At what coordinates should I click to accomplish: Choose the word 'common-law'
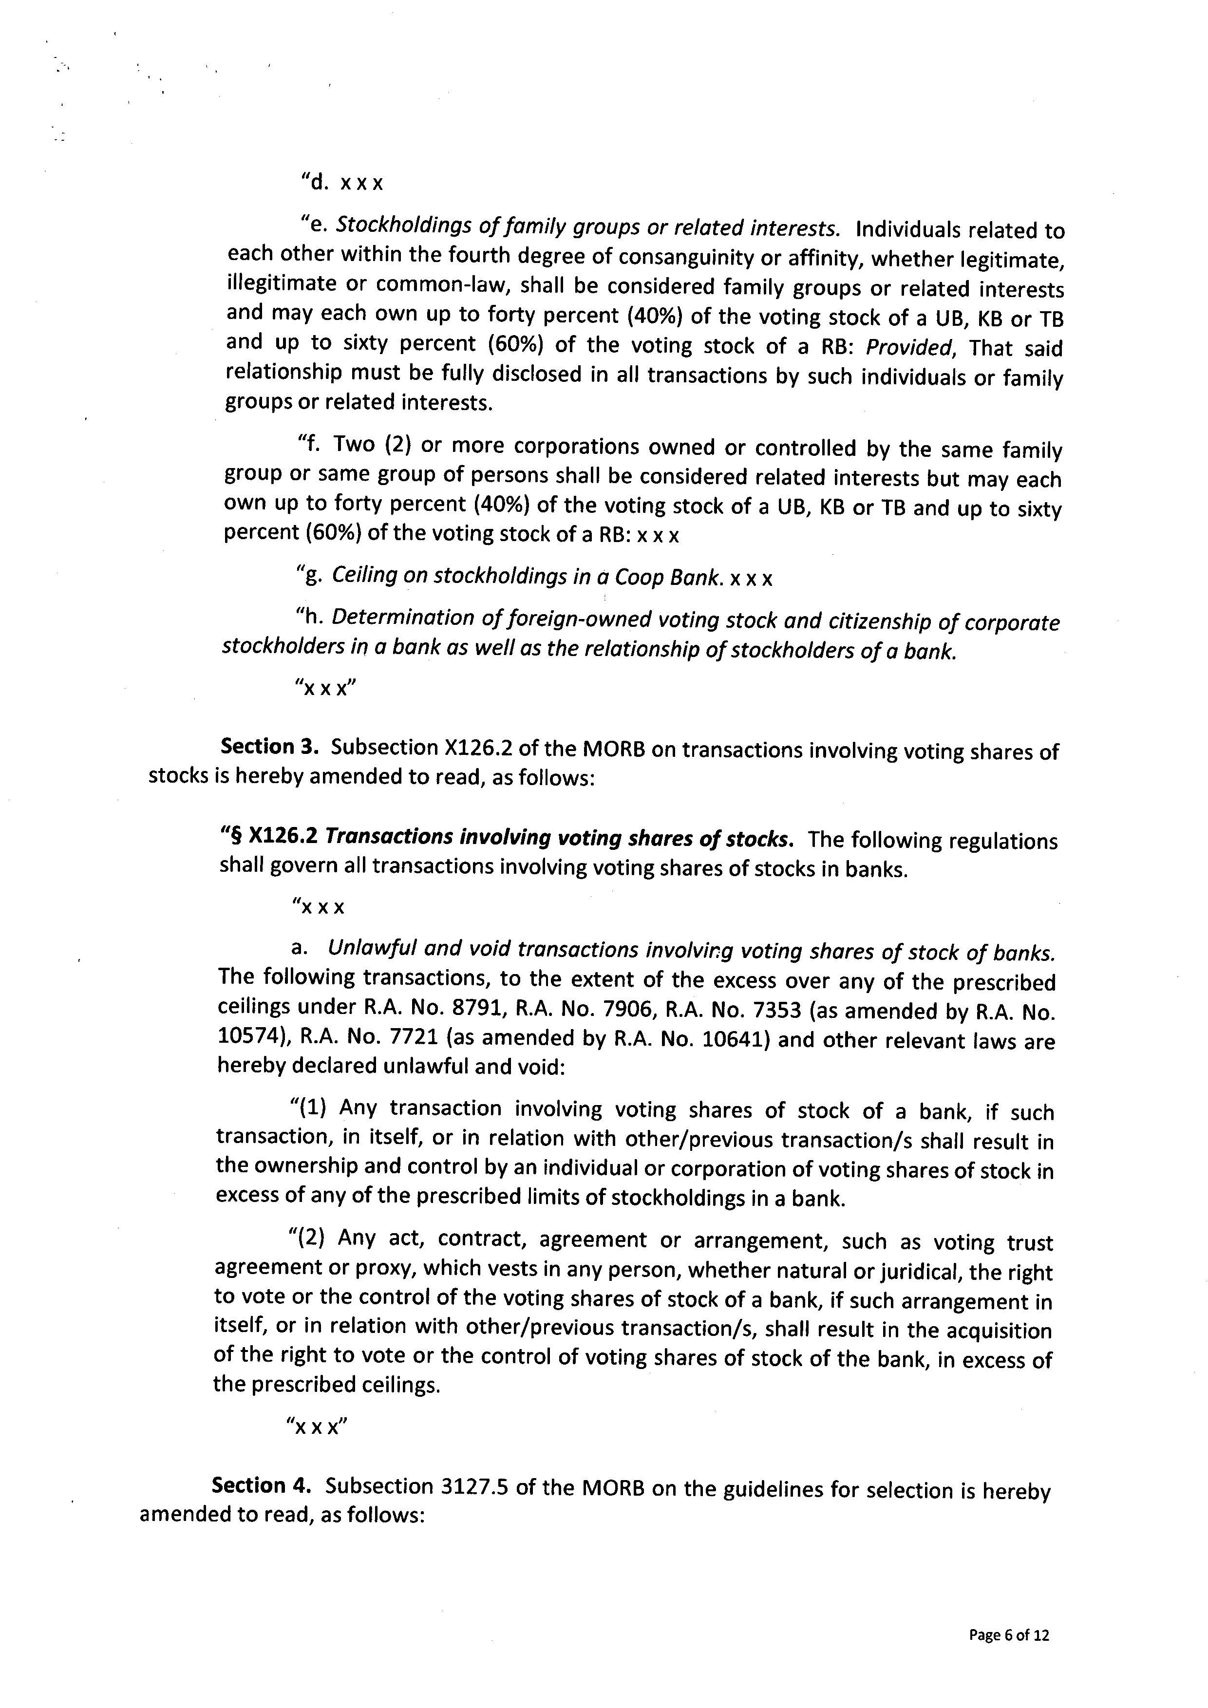point(441,286)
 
